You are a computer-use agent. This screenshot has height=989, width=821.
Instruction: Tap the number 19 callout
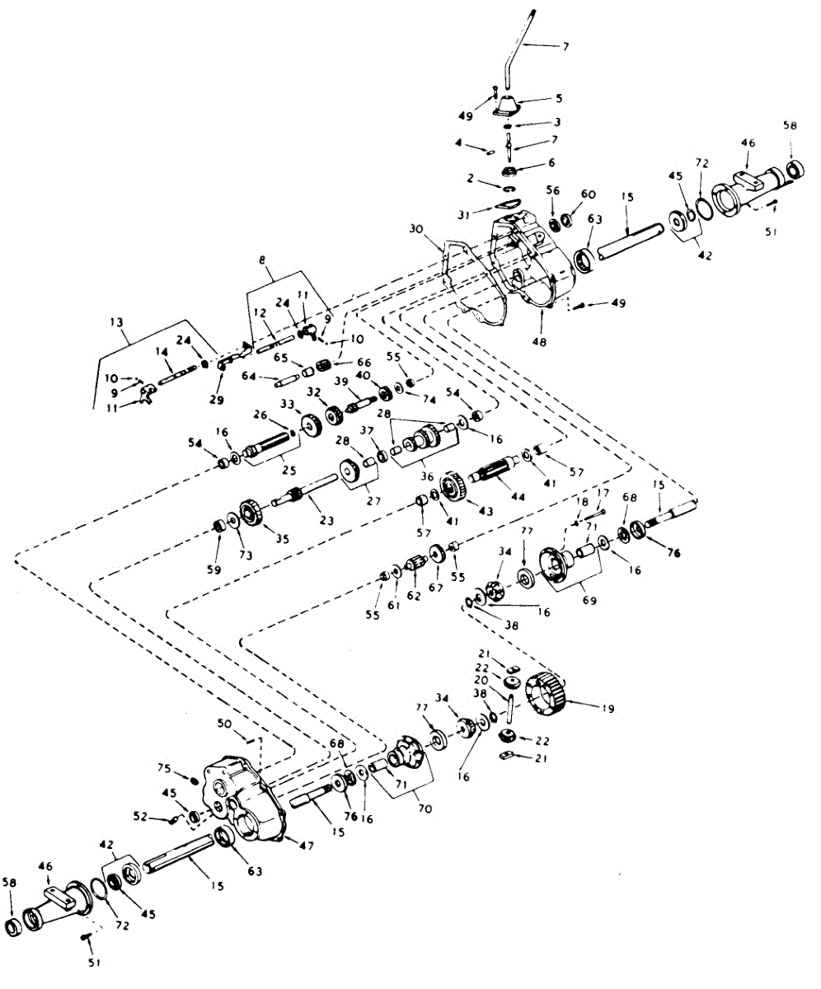tap(608, 708)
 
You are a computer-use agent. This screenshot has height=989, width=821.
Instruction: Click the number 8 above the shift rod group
tap(261, 261)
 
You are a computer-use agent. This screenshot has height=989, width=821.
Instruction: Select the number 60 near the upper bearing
tap(588, 194)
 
